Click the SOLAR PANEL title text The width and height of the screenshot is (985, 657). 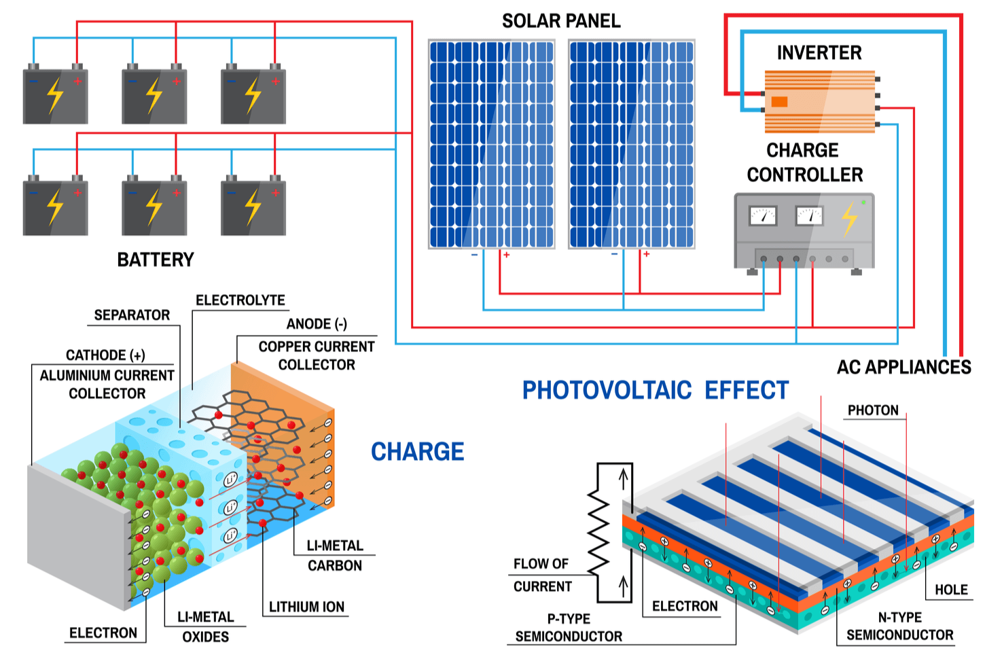click(561, 21)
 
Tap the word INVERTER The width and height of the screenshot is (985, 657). click(819, 53)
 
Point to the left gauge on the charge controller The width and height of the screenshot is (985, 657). click(762, 216)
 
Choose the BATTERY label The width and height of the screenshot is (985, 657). click(156, 260)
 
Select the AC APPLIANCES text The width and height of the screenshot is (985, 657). click(903, 368)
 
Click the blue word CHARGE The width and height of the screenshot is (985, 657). click(417, 452)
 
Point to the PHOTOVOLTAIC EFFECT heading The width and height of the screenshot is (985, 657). click(655, 391)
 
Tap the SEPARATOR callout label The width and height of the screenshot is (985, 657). click(132, 315)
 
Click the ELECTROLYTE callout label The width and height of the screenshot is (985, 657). click(240, 300)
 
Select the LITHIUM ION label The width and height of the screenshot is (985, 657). click(306, 607)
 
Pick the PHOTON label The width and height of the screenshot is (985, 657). click(873, 410)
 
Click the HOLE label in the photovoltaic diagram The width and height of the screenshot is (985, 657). click(951, 590)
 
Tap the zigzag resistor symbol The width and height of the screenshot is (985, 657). click(598, 533)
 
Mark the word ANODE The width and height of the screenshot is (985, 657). click(308, 324)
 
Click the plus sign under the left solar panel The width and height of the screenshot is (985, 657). click(507, 255)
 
